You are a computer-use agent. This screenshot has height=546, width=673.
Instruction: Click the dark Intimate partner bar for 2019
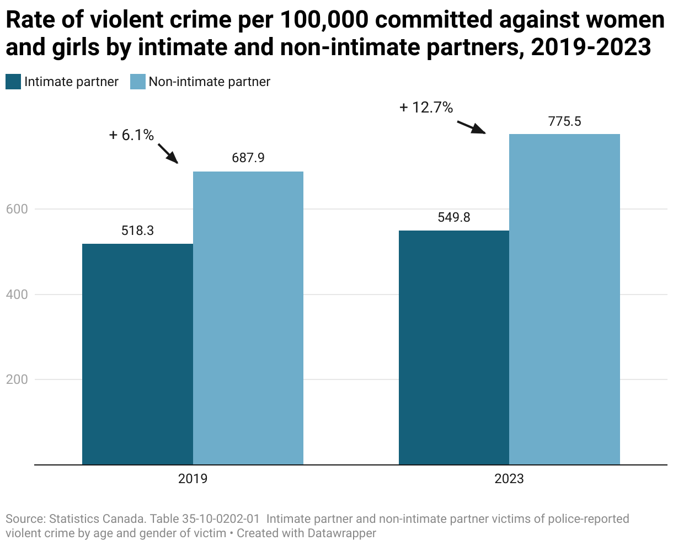[137, 354]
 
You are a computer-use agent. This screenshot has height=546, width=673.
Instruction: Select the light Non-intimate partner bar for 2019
[248, 318]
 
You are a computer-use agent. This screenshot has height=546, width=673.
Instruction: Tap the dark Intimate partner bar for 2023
[453, 347]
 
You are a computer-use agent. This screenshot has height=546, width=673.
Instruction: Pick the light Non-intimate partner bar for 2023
[564, 299]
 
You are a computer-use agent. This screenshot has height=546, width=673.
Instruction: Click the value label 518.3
[137, 231]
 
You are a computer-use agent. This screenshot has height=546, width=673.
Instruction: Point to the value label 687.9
[248, 158]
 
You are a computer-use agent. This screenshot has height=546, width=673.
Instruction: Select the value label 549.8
[453, 217]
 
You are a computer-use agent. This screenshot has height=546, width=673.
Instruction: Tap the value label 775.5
[564, 121]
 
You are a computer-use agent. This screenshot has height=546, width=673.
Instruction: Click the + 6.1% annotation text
[131, 135]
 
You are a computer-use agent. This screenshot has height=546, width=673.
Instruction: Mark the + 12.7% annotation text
[426, 108]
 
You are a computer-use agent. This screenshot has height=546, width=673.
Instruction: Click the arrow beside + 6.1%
[168, 153]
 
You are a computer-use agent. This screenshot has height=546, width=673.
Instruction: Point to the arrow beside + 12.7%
[472, 126]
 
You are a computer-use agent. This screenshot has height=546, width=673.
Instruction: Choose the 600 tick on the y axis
[17, 209]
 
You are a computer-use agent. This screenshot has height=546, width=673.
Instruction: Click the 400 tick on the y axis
[17, 295]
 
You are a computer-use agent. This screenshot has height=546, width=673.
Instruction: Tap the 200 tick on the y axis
[17, 379]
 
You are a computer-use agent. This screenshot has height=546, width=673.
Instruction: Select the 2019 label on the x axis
[193, 479]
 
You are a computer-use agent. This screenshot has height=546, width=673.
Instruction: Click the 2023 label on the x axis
[509, 479]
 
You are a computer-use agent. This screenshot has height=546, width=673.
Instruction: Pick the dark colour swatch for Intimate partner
[13, 82]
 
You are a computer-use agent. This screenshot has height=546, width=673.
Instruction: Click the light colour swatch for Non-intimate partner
[137, 82]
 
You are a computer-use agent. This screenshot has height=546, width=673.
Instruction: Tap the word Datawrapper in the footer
[342, 533]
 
